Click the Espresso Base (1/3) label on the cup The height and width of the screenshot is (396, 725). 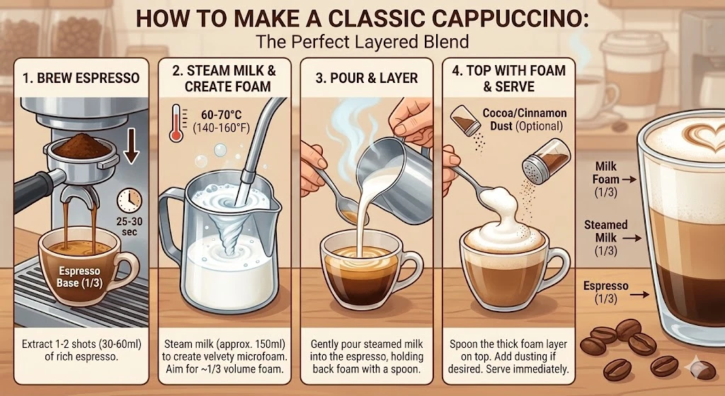click(x=79, y=277)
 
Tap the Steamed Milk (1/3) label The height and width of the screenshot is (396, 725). click(x=606, y=239)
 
